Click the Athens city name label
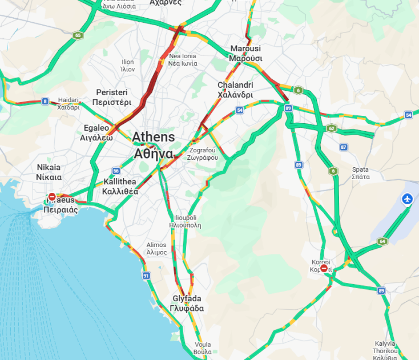tap(154, 145)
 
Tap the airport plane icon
tap(407, 199)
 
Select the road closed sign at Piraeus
tap(52, 197)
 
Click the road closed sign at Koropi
tap(324, 268)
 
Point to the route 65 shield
tap(77, 35)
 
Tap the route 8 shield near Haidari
tap(45, 102)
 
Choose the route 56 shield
tap(116, 171)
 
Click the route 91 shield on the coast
tap(146, 276)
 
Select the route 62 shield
tap(332, 128)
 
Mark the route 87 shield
tap(343, 147)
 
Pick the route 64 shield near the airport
tap(381, 241)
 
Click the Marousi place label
tap(245, 53)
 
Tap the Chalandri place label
tap(235, 90)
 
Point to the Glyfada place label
tap(187, 303)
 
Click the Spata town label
tap(361, 173)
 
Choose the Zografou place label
tap(203, 154)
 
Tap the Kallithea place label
tap(120, 187)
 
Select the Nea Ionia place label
tap(183, 59)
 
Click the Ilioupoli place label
tap(185, 221)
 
